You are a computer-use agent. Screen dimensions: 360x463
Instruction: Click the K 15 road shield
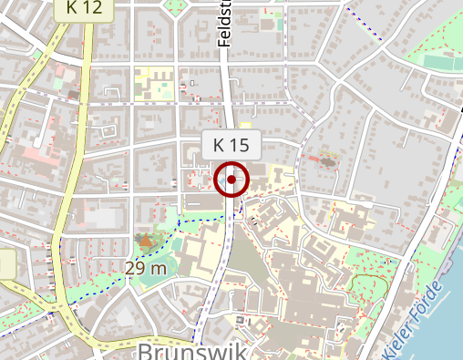[231, 144]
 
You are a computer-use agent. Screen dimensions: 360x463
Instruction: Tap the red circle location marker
[231, 180]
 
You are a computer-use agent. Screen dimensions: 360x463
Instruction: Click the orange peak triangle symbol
[145, 242]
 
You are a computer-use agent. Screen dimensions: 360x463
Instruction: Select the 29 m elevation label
[147, 268]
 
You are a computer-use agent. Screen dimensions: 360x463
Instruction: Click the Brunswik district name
[191, 351]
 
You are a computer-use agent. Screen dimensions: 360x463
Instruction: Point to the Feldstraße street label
[225, 23]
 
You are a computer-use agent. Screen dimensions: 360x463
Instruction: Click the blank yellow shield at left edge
[6, 264]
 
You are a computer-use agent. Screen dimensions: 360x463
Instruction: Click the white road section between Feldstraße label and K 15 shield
[228, 91]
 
